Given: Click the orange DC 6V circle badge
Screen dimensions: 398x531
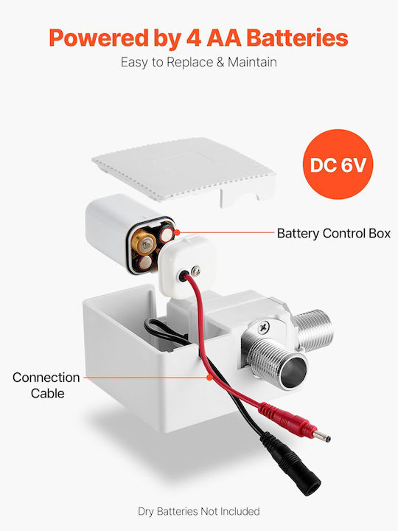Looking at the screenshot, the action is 338,164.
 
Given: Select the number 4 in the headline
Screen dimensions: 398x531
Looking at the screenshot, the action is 194,38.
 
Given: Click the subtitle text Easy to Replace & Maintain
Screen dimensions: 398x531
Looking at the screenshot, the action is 199,62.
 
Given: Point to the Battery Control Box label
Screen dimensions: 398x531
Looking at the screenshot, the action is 334,233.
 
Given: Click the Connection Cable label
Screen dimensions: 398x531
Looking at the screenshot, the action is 46,386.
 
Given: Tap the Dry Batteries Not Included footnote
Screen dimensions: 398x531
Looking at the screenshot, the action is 199,511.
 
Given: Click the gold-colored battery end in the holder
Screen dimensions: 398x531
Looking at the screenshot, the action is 144,242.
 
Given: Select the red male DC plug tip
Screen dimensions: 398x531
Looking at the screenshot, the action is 321,437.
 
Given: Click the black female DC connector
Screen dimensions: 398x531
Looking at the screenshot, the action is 292,463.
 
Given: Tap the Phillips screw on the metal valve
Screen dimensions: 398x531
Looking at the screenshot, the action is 264,327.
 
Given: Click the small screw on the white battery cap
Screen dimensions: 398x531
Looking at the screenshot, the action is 195,271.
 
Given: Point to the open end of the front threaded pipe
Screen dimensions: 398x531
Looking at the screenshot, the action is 293,371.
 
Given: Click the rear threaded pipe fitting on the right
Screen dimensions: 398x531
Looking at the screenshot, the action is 313,329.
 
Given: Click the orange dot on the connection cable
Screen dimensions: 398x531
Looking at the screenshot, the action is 209,377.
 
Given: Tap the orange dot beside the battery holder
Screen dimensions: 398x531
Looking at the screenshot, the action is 177,232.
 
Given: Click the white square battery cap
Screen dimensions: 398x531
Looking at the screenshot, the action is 186,265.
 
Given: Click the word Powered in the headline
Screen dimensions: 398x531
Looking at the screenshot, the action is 99,38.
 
